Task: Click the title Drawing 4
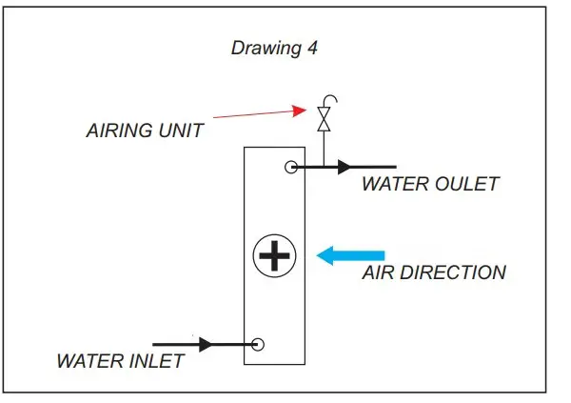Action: pyautogui.click(x=274, y=48)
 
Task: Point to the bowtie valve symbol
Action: pyautogui.click(x=325, y=119)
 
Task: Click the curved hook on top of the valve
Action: pyautogui.click(x=329, y=99)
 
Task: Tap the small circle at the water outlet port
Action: pyautogui.click(x=292, y=168)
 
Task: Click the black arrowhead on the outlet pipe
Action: pyautogui.click(x=345, y=168)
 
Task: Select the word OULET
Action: pyautogui.click(x=463, y=185)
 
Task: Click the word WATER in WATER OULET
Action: pyautogui.click(x=393, y=185)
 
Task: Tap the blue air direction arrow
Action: pyautogui.click(x=351, y=255)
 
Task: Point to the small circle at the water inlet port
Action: pyautogui.click(x=257, y=344)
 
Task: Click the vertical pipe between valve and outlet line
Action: pyautogui.click(x=325, y=149)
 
